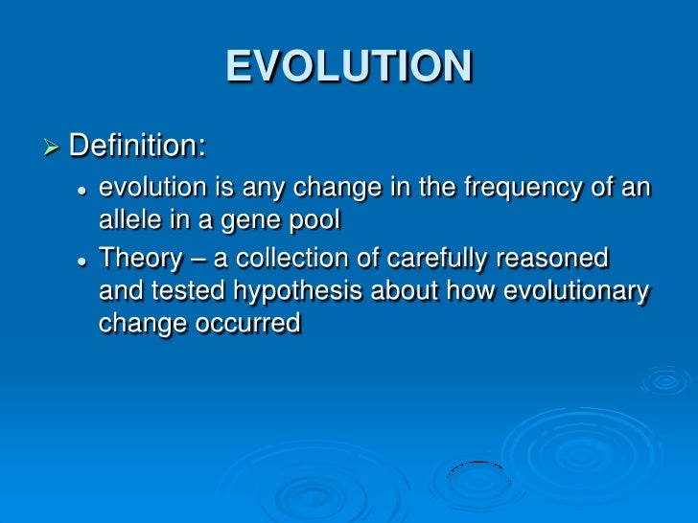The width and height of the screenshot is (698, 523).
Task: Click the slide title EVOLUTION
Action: click(x=349, y=67)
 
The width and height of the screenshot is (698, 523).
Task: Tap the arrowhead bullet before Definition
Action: click(x=52, y=148)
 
